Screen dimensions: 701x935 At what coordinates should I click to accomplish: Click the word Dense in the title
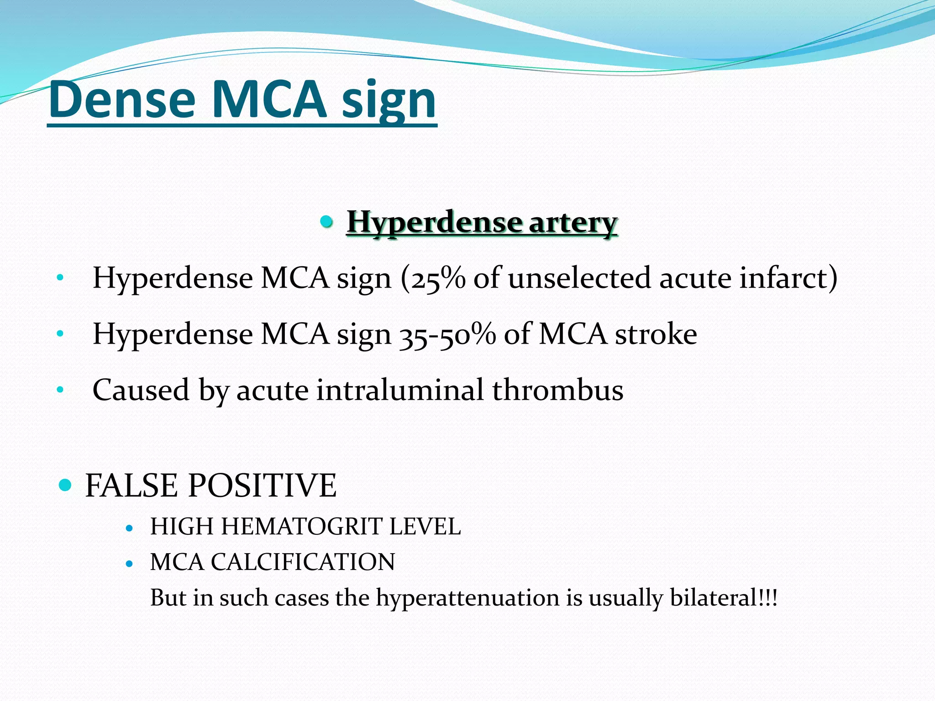[122, 99]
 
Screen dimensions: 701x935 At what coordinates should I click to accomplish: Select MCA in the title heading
[269, 99]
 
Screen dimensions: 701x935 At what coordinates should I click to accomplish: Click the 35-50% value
[447, 334]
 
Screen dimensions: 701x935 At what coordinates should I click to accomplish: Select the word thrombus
[557, 390]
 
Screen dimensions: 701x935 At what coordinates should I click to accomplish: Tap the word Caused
[141, 390]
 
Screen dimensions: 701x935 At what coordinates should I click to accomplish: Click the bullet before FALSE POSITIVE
[66, 485]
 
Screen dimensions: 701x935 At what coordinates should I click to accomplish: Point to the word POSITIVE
[262, 485]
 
